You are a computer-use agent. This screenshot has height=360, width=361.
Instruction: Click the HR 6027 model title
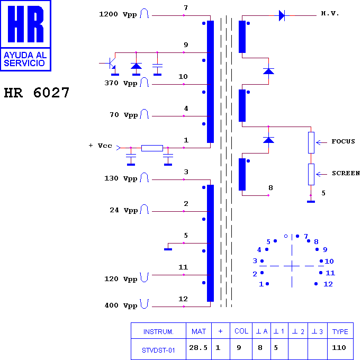pos(37,93)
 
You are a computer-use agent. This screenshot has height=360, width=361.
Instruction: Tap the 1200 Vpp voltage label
pos(118,14)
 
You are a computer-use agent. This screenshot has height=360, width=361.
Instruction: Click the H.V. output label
pos(330,13)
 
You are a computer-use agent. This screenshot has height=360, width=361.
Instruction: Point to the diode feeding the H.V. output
pos(282,15)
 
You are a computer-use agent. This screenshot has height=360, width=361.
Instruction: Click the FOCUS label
pos(344,141)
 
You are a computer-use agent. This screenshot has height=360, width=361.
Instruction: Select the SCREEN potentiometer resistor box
pos(311,174)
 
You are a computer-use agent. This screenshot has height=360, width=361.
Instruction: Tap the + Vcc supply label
pos(101,146)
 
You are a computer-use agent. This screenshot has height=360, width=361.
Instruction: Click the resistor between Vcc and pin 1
pos(152,148)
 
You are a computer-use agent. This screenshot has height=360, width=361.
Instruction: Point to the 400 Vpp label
pos(121,305)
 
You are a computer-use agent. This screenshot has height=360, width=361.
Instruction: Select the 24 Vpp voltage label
pos(124,210)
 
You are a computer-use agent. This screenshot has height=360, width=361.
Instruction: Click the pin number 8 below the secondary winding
pos(270,188)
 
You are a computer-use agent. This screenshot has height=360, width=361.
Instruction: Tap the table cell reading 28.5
pos(198,348)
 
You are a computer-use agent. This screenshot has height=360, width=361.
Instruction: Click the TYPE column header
pos(340,331)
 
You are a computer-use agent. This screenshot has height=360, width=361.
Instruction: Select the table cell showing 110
pos(339,348)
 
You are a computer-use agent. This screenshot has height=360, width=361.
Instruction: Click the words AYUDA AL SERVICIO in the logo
pos(25,59)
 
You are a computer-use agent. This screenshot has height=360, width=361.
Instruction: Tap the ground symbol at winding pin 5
pos(168,249)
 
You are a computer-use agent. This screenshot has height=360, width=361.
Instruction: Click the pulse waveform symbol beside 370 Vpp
pos(145,82)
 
